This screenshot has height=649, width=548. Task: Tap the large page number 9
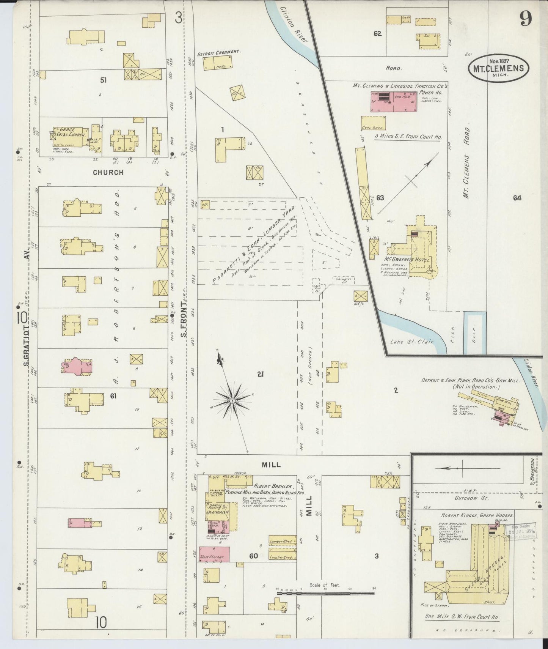coord(526,18)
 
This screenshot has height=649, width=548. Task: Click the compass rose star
coord(231,400)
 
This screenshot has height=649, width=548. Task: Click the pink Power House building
coord(393,101)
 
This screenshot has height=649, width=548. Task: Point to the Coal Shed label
coord(372,128)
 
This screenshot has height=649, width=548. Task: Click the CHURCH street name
coord(108,172)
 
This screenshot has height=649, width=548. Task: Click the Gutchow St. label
coord(476,496)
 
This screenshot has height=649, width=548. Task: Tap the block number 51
coord(103,80)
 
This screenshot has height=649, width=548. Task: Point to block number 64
coord(517,198)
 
